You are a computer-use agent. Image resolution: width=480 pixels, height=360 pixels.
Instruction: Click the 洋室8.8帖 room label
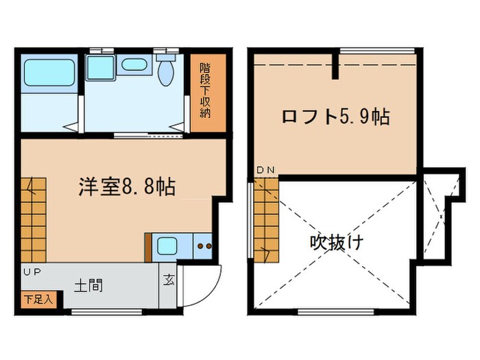pyautogui.click(x=126, y=186)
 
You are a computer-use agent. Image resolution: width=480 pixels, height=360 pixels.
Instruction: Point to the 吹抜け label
pyautogui.click(x=336, y=242)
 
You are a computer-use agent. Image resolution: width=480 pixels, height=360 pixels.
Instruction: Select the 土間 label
pyautogui.click(x=90, y=285)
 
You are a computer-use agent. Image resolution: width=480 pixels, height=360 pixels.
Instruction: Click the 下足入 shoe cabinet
pyautogui.click(x=33, y=299)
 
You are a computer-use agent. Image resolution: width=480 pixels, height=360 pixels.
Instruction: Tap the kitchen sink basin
pyautogui.click(x=167, y=245)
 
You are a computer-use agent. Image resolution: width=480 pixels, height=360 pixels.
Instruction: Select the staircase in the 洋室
pyautogui.click(x=33, y=219)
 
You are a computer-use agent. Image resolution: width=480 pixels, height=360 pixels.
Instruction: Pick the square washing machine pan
pyautogui.click(x=100, y=67)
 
